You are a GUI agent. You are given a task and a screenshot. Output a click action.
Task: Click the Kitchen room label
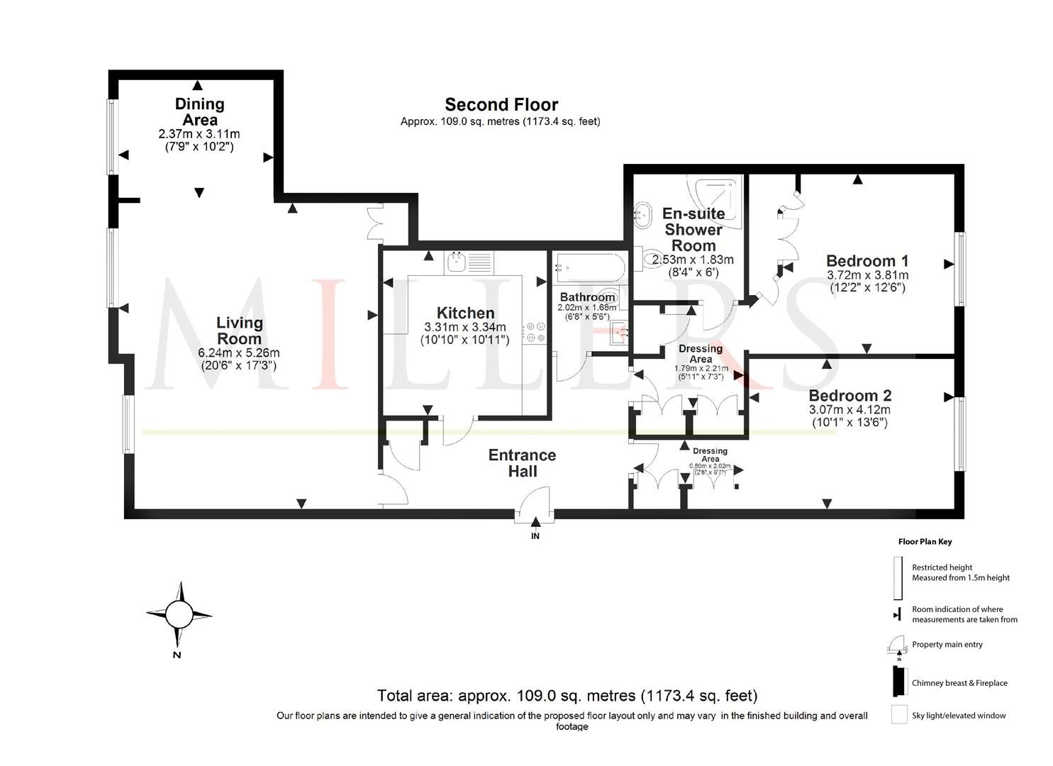click(x=465, y=313)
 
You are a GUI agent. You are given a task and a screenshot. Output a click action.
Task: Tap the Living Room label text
click(x=240, y=331)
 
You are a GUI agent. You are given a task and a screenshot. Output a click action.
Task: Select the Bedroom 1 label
click(x=867, y=260)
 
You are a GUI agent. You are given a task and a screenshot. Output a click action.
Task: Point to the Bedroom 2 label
click(x=849, y=395)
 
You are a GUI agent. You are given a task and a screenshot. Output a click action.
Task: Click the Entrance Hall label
click(x=522, y=463)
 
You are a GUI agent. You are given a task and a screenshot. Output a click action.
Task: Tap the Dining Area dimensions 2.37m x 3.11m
click(x=199, y=134)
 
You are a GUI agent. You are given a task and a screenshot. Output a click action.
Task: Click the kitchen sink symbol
click(x=457, y=262)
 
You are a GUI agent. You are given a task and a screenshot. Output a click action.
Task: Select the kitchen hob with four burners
click(x=534, y=333)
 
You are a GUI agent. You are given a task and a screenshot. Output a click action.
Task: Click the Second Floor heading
click(x=501, y=105)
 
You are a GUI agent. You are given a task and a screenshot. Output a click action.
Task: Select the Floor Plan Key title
click(x=925, y=542)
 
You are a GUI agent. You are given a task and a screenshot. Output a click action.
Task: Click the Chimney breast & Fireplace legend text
click(x=959, y=683)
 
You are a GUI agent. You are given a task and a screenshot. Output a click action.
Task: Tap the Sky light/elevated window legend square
click(x=899, y=714)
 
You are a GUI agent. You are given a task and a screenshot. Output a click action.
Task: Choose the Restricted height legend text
click(x=942, y=567)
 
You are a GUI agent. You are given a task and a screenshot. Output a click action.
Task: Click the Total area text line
click(x=567, y=695)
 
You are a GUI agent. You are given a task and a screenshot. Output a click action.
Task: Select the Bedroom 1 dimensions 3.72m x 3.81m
click(x=867, y=275)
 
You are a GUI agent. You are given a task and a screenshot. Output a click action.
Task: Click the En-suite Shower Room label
click(x=693, y=229)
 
